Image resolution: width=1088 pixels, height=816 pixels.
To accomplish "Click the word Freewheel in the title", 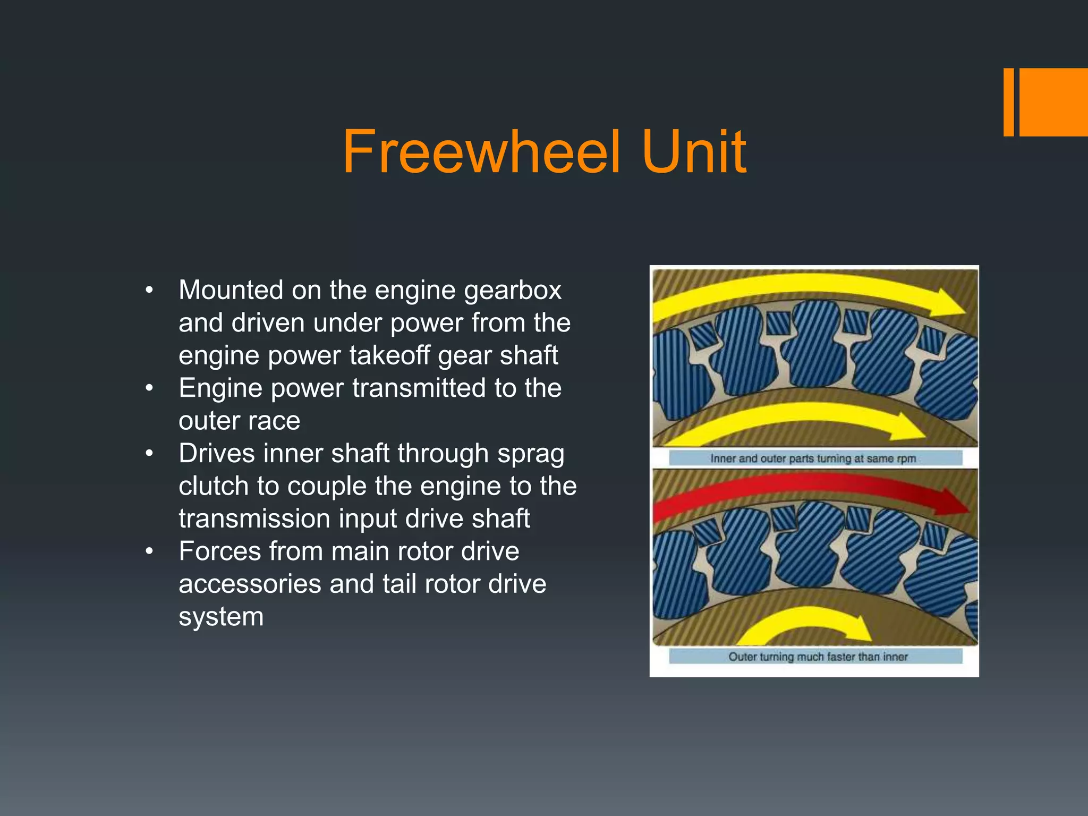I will [x=481, y=152].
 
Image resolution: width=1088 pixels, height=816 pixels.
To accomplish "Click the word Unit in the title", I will [x=693, y=152].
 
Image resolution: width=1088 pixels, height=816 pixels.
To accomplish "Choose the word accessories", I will [x=250, y=584].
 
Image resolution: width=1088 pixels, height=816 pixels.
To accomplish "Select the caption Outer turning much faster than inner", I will [x=818, y=657].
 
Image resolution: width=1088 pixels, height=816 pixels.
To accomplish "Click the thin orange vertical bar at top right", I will [x=1008, y=102].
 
